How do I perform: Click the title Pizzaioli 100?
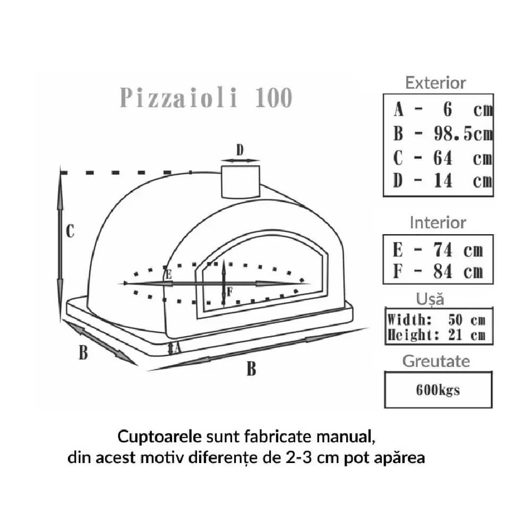coord(206,98)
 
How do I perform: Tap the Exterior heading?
coord(435,83)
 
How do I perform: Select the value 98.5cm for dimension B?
coord(463,133)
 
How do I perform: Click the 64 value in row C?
coord(443,158)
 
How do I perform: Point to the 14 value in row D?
coord(443,181)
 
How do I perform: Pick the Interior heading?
coord(438,222)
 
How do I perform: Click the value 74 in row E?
coord(443,250)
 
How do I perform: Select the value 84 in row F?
coord(443,271)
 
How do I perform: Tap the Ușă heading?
coord(430,299)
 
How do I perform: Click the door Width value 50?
coord(455,320)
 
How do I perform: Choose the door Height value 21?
coord(455,335)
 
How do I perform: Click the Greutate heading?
coord(436,361)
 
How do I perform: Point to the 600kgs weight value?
coord(438,390)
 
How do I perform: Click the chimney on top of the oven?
coord(241,182)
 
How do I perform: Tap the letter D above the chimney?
coord(240,150)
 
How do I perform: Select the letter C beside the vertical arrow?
coord(70,231)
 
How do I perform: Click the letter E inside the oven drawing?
coord(168,275)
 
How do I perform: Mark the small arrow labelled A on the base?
coord(171,348)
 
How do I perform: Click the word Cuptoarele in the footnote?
coord(159,437)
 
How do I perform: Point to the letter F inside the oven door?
coord(229,291)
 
